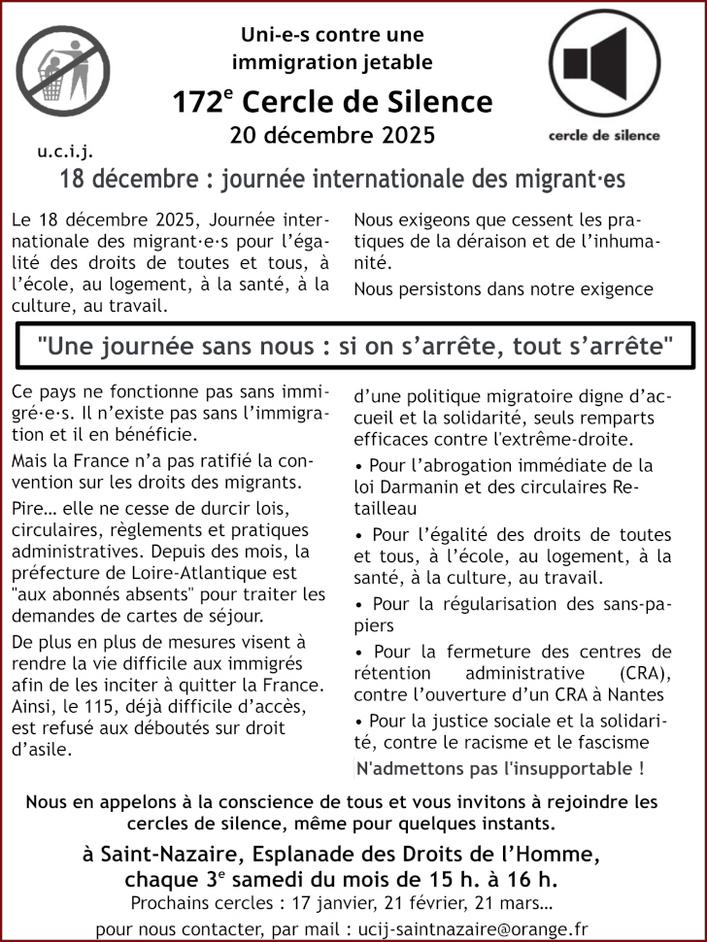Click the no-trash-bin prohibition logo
(62, 72)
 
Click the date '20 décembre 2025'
(332, 135)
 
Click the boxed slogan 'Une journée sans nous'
(353, 345)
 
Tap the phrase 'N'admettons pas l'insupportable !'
(500, 769)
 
